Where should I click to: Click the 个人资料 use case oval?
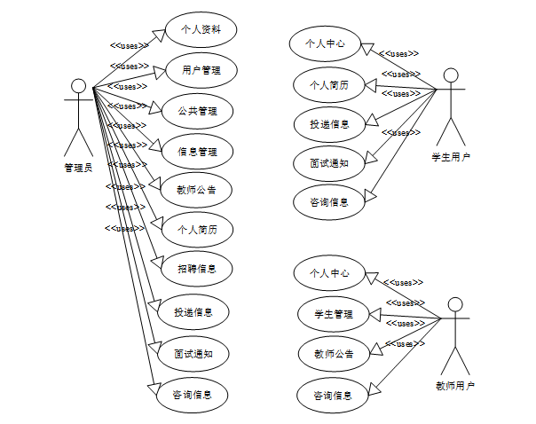(201, 29)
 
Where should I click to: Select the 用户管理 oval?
(201, 69)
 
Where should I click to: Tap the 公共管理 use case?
(197, 111)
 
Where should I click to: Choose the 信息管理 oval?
(197, 151)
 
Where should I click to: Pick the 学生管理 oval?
(333, 314)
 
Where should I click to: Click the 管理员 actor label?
(78, 167)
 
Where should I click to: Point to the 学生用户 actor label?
(451, 157)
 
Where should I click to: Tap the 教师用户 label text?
(454, 385)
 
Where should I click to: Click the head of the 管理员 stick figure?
(78, 86)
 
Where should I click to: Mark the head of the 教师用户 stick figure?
(455, 304)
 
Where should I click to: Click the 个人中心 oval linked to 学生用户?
(325, 42)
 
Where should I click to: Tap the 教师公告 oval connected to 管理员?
(197, 189)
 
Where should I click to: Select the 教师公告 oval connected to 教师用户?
(334, 354)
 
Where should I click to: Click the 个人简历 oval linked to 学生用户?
(328, 85)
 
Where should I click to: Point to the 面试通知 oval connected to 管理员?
(192, 353)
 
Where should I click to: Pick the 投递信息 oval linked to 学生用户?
(329, 124)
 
